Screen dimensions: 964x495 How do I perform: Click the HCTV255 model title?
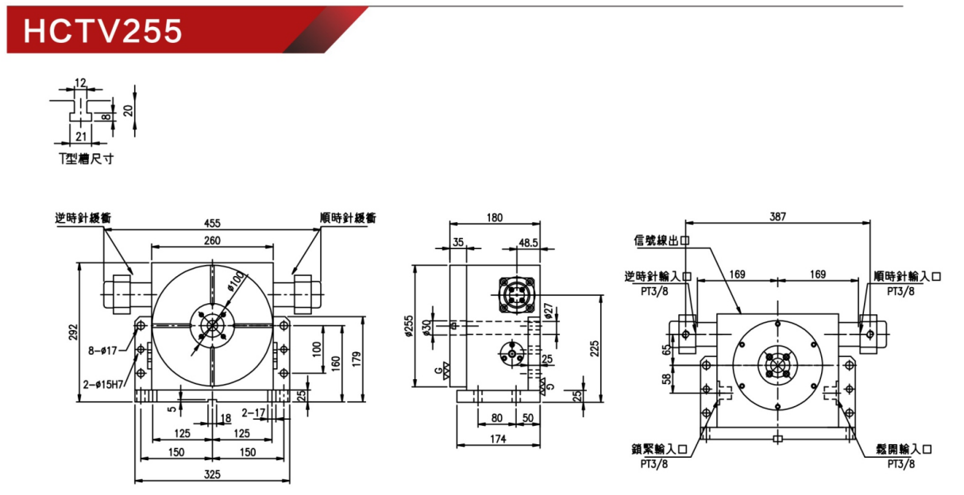click(x=103, y=31)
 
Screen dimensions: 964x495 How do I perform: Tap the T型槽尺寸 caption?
click(x=86, y=159)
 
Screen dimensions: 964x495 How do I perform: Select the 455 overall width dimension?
click(x=212, y=223)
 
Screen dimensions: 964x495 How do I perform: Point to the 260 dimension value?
click(x=212, y=240)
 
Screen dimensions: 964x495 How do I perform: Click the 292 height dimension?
click(x=74, y=332)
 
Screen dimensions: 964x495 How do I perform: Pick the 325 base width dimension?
click(x=212, y=474)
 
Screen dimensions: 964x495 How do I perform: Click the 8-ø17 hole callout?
click(x=102, y=351)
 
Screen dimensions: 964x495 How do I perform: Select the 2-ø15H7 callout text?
click(x=103, y=385)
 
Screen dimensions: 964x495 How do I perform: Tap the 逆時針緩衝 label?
click(x=83, y=217)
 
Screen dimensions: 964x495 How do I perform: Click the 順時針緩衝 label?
click(x=348, y=217)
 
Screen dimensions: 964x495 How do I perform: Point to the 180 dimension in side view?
click(x=495, y=217)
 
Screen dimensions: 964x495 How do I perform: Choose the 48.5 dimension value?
click(x=528, y=243)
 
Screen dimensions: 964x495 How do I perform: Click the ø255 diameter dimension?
click(x=409, y=326)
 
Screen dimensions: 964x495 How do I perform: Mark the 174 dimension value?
click(x=498, y=439)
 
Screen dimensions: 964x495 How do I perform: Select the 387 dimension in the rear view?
click(x=777, y=217)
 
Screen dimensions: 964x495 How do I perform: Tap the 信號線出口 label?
click(x=661, y=240)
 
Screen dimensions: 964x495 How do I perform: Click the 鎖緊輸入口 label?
click(x=659, y=450)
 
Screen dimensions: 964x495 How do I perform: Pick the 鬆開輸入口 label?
click(x=904, y=450)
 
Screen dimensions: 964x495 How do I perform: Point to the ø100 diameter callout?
click(x=235, y=282)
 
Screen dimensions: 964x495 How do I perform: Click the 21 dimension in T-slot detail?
click(x=81, y=136)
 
